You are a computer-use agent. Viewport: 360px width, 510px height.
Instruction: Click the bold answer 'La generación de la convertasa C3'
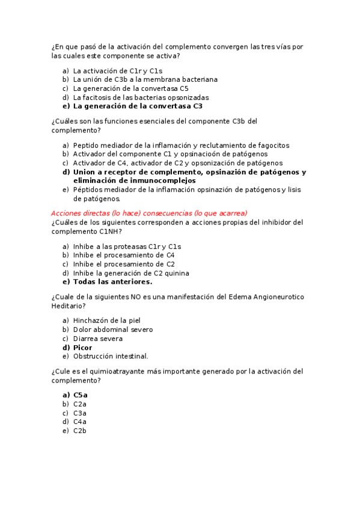[138, 106]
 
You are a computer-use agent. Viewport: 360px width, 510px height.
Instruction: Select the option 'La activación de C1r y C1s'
[109, 70]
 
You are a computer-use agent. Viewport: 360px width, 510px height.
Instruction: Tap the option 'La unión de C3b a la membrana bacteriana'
[145, 79]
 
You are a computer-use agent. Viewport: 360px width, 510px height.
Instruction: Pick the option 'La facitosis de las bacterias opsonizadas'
[141, 97]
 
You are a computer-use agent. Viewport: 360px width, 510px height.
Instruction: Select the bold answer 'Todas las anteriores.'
[112, 281]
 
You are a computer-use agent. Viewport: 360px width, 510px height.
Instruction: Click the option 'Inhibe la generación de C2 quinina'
[131, 273]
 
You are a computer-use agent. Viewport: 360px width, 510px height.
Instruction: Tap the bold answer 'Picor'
[83, 348]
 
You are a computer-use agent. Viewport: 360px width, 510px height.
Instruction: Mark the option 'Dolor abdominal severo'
[113, 330]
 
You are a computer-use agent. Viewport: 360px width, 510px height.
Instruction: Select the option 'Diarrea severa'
[98, 339]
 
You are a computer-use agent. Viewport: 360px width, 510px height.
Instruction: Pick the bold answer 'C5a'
[81, 395]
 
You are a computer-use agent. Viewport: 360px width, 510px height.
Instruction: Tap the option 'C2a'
[80, 404]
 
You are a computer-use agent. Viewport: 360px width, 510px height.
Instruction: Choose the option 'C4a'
[80, 422]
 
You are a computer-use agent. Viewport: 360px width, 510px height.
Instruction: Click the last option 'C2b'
[80, 431]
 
